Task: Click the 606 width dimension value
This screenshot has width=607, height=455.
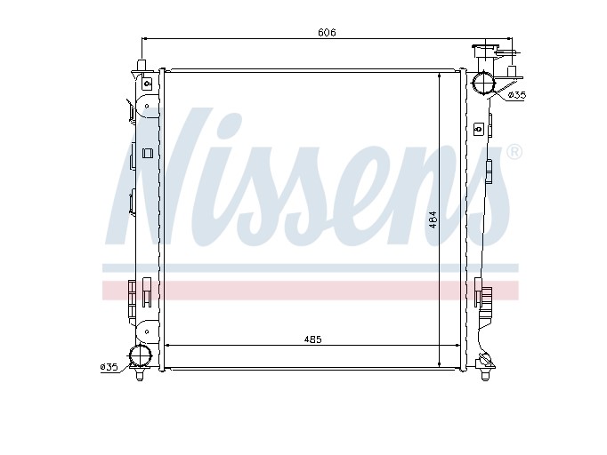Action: coord(327,33)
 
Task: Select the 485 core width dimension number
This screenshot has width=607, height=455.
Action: coord(312,339)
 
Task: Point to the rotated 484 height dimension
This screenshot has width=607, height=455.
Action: coord(433,220)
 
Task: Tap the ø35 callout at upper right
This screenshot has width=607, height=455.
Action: coord(516,95)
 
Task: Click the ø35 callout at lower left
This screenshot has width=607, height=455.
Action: coord(109,367)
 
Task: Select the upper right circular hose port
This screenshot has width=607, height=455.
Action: coord(483,84)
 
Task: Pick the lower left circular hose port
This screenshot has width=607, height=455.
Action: coord(141,355)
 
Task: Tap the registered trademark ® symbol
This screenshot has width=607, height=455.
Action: coord(514,152)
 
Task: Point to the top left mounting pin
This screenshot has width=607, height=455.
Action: coord(142,65)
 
